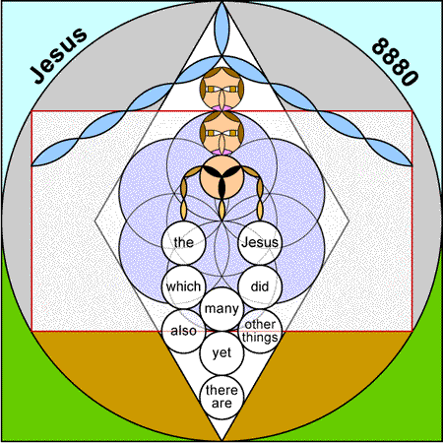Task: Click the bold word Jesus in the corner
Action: click(59, 56)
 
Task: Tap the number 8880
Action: click(395, 62)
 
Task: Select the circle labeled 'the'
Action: click(183, 243)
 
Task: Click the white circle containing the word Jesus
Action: click(260, 243)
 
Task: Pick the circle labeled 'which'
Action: click(183, 286)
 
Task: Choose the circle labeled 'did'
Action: click(260, 286)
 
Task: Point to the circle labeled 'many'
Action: click(221, 309)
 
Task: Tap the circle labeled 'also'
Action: click(183, 331)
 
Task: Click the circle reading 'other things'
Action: click(260, 331)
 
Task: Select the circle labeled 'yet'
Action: click(221, 353)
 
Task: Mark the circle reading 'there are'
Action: click(221, 398)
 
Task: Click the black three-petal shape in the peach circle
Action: click(221, 179)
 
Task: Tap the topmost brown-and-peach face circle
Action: click(221, 89)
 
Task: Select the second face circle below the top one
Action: click(221, 133)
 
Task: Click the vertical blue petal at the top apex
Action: click(221, 29)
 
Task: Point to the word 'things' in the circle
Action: click(260, 338)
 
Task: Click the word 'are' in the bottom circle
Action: click(221, 404)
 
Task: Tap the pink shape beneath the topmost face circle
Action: click(221, 108)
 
